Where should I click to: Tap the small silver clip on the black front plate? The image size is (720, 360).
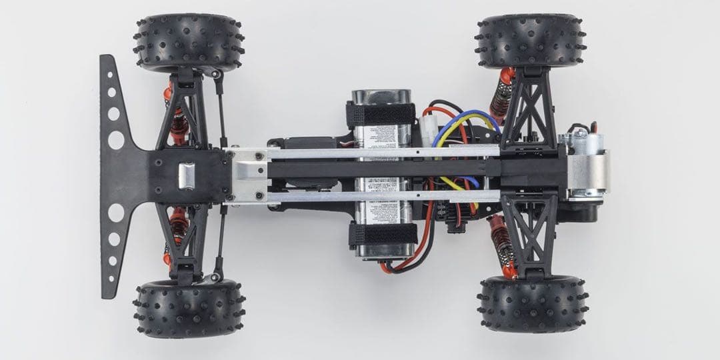click(187, 175)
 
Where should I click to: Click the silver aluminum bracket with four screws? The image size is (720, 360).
click(248, 175)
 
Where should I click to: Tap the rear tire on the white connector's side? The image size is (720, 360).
click(531, 41)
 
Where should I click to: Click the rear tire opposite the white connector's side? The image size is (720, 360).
click(532, 304)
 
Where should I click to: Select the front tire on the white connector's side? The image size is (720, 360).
click(189, 43)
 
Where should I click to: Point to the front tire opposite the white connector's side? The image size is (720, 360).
click(189, 308)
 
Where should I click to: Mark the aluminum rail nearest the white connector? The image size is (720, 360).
click(383, 153)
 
